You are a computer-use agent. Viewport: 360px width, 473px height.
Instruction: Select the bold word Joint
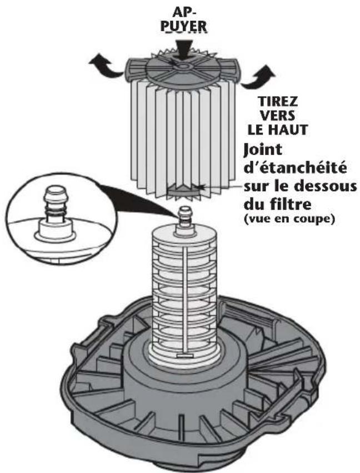264,149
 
